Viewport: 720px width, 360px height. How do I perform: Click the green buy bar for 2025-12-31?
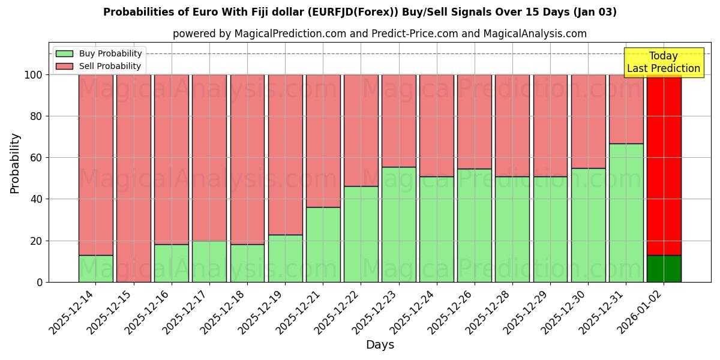click(x=626, y=212)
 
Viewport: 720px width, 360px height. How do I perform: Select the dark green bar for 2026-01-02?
click(x=664, y=268)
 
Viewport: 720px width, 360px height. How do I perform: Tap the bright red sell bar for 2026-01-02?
click(x=664, y=165)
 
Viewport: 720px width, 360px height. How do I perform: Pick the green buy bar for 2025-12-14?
click(x=95, y=268)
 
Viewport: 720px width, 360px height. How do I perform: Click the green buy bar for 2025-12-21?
click(x=323, y=244)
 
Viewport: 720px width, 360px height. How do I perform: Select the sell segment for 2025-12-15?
click(x=133, y=178)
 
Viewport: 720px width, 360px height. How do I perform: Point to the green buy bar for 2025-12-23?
click(x=398, y=224)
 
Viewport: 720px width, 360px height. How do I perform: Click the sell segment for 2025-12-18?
click(x=247, y=159)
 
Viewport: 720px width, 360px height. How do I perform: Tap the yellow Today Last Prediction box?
click(x=663, y=62)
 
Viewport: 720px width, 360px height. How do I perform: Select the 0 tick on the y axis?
click(x=40, y=282)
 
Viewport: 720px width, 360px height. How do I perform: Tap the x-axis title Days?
click(x=380, y=344)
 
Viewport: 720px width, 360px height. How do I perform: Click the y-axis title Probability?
click(x=16, y=163)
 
